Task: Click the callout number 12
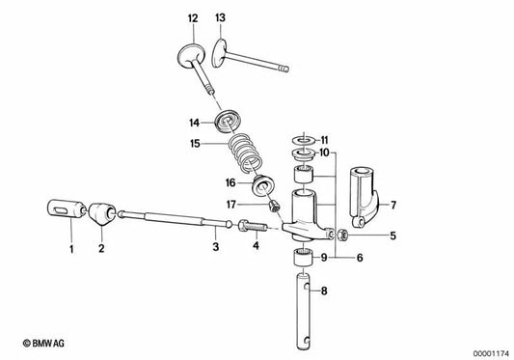click(x=193, y=18)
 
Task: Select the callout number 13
click(x=220, y=18)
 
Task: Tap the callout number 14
click(x=194, y=123)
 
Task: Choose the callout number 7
click(x=392, y=204)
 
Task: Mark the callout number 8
click(x=324, y=290)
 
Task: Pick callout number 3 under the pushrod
click(x=215, y=248)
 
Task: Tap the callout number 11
click(x=324, y=139)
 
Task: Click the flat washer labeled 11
click(x=300, y=140)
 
